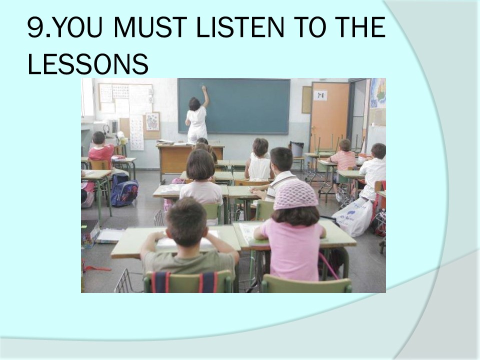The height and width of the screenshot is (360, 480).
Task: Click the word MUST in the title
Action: (x=150, y=27)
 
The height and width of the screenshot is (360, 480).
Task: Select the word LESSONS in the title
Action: (x=88, y=63)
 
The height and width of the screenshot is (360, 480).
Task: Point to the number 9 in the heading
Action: (x=35, y=27)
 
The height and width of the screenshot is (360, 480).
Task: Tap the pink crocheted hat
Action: (x=295, y=194)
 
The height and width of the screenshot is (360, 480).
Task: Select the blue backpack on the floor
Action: (x=124, y=191)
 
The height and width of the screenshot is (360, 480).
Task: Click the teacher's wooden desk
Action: (x=190, y=159)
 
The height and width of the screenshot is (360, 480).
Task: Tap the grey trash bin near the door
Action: (x=296, y=149)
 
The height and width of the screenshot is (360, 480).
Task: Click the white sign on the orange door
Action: (x=320, y=95)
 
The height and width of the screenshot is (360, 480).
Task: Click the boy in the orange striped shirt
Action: (x=342, y=156)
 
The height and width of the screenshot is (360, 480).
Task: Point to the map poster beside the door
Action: (x=378, y=93)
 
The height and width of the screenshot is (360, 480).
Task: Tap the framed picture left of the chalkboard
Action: (x=152, y=121)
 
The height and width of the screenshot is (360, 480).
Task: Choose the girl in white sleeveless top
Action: (x=259, y=160)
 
